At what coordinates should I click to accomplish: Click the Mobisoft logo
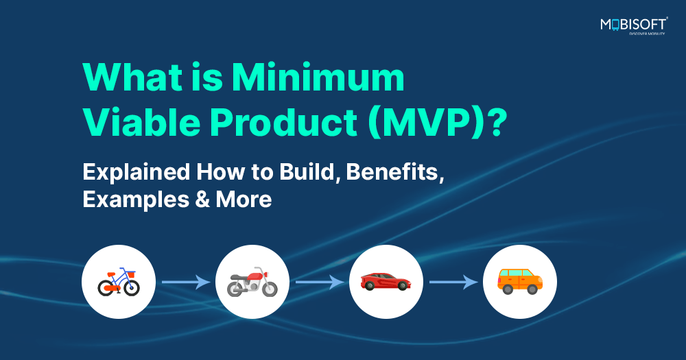(634, 26)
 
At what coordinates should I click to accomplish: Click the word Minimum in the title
(318, 77)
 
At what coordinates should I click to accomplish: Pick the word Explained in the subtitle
(136, 173)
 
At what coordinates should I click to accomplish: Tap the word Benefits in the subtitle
(395, 172)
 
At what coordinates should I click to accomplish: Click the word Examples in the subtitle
(135, 200)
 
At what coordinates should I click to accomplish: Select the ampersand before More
(202, 200)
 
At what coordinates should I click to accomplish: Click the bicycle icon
(119, 282)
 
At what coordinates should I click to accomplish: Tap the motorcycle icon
(252, 282)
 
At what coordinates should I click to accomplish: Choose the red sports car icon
(386, 282)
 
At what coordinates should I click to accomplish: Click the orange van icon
(520, 282)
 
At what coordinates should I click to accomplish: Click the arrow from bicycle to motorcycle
(186, 282)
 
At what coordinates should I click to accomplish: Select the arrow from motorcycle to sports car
(320, 282)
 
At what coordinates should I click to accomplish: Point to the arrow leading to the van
(453, 282)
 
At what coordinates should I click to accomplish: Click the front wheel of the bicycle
(132, 288)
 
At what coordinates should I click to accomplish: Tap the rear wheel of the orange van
(508, 289)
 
